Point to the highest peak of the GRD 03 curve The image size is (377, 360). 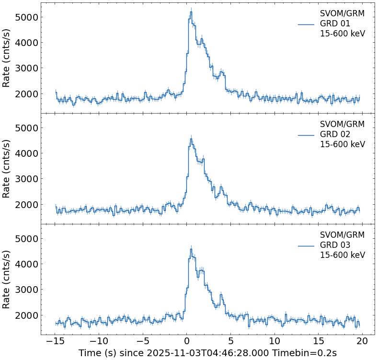point(191,249)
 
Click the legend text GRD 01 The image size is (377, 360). point(335,23)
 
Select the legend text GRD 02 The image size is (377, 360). point(335,134)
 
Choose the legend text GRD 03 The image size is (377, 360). point(335,245)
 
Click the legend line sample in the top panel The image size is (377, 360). point(306,24)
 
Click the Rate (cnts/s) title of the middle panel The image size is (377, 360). point(7,169)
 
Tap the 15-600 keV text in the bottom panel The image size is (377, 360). point(342,255)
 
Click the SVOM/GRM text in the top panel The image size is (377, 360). point(342,13)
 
